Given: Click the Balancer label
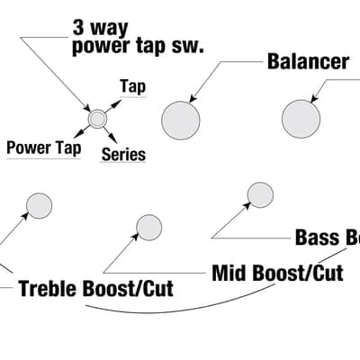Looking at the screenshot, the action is pyautogui.click(x=308, y=61).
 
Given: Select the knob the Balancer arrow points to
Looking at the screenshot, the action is pyautogui.click(x=181, y=121).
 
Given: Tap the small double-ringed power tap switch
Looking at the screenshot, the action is pyautogui.click(x=97, y=119).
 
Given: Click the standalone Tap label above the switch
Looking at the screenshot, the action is pyautogui.click(x=133, y=86).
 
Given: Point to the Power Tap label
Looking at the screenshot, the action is pyautogui.click(x=44, y=148).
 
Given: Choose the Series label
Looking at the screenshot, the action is pyautogui.click(x=123, y=155).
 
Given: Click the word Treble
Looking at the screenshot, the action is pyautogui.click(x=49, y=288).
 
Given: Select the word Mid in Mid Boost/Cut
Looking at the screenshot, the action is pyautogui.click(x=229, y=273).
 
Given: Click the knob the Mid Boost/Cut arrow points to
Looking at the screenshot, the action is pyautogui.click(x=149, y=228).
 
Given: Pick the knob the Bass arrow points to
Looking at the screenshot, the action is pyautogui.click(x=260, y=195).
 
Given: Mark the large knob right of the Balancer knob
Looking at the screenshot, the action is pyautogui.click(x=301, y=119).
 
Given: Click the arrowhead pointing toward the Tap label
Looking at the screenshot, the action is pyautogui.click(x=117, y=103).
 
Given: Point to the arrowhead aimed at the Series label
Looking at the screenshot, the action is pyautogui.click(x=113, y=139).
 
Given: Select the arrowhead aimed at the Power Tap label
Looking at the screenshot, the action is pyautogui.click(x=78, y=132).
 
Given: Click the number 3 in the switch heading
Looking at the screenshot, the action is pyautogui.click(x=77, y=28).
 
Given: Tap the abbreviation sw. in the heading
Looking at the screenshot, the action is pyautogui.click(x=187, y=47).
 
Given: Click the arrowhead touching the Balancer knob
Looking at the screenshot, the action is pyautogui.click(x=193, y=98).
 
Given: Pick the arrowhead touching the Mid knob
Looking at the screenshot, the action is pyautogui.click(x=136, y=236).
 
